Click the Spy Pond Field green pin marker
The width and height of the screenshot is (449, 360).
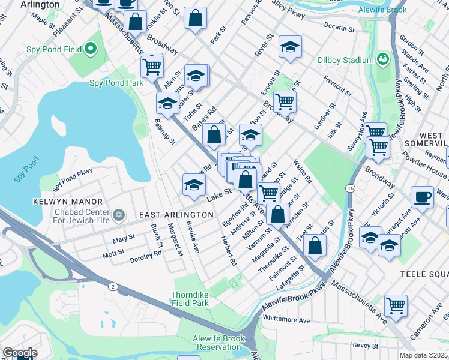pos(91,48)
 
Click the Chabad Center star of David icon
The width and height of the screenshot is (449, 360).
pos(119,214)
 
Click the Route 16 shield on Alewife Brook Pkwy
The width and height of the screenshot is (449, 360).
pos(349,188)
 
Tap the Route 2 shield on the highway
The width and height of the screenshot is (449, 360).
pos(113,287)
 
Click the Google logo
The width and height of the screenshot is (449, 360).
pos(19,353)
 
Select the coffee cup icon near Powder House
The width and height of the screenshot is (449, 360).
pos(422,197)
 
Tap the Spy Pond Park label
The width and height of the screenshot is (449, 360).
pos(116,83)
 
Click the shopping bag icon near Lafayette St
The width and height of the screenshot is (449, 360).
pos(315,245)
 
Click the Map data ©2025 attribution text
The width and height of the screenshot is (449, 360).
pos(423,355)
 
